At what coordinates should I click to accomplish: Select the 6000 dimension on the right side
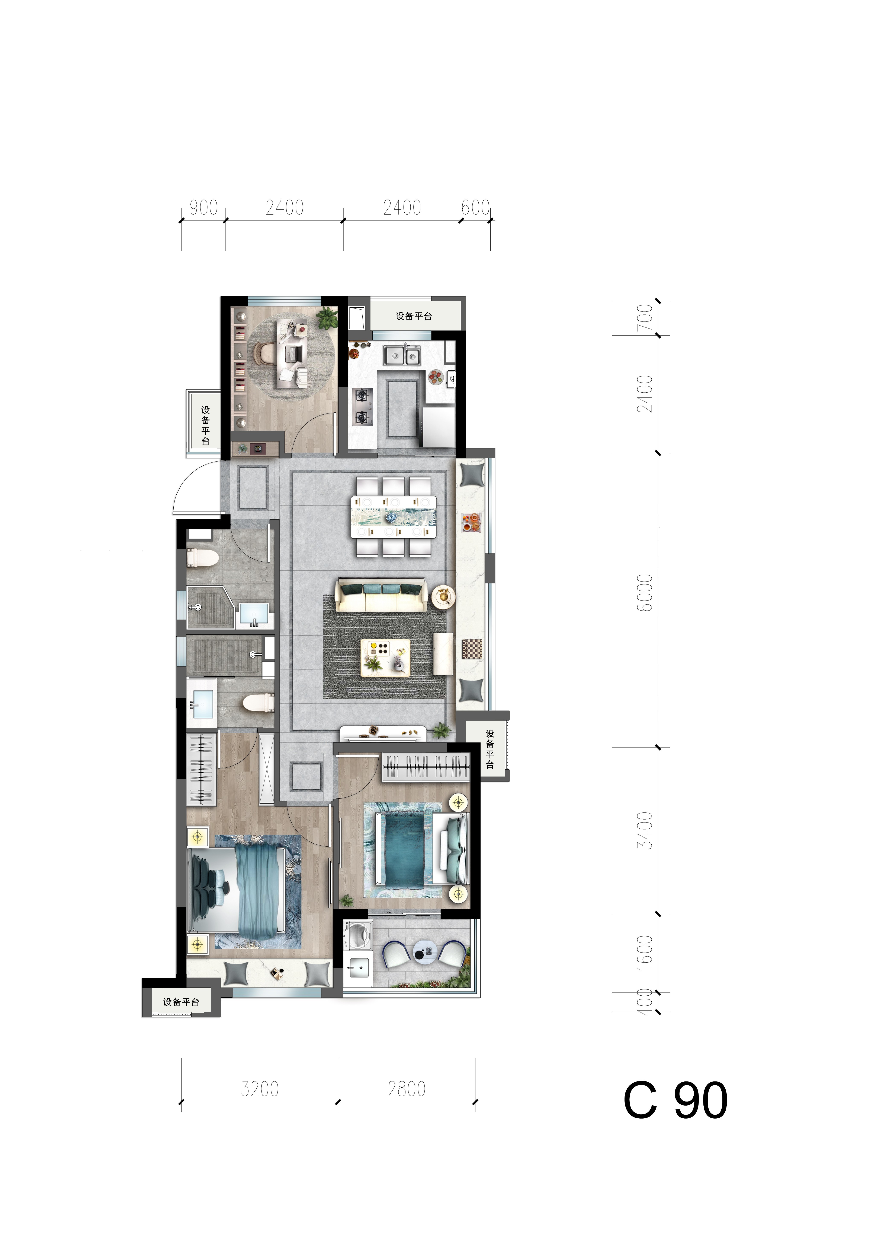tap(644, 593)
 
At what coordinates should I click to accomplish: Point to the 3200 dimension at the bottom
tap(260, 1089)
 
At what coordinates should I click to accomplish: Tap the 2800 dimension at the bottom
tap(407, 1089)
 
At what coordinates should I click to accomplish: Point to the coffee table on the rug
tap(385, 657)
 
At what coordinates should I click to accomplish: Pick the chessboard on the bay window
tap(472, 649)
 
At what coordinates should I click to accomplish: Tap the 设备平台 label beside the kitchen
tap(414, 316)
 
